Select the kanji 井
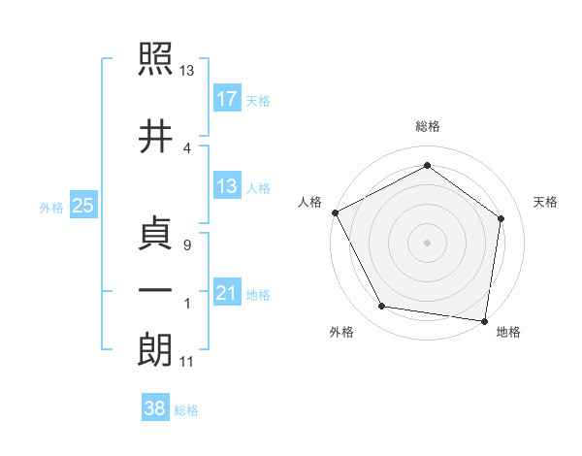coord(156,135)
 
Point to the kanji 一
coord(156,290)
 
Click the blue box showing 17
coord(226,99)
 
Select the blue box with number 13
coord(226,186)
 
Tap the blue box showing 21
coord(226,293)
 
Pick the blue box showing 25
coord(82,206)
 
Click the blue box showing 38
coord(155,409)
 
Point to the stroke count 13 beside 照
coord(187,71)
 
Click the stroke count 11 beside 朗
coord(187,362)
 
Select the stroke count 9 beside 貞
coord(186,245)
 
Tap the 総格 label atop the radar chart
coord(428,126)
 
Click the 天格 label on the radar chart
coord(545,202)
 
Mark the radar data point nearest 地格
coord(485,320)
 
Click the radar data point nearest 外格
coord(382,307)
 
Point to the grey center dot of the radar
coord(427,242)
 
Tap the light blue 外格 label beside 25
coord(51,207)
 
